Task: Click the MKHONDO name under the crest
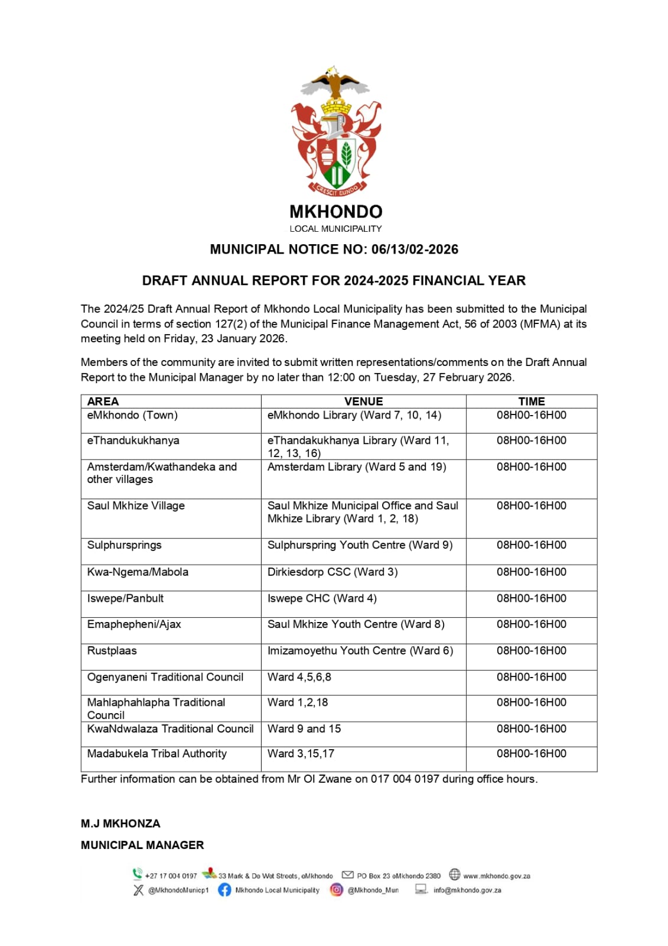[335, 212]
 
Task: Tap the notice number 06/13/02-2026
[415, 250]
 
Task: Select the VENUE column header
[363, 401]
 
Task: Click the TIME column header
[532, 401]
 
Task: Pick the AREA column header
[103, 401]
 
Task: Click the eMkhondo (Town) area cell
[132, 415]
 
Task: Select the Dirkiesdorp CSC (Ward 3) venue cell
[333, 572]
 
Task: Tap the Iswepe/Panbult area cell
[125, 598]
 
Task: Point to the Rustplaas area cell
[112, 651]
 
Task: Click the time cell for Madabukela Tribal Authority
[532, 754]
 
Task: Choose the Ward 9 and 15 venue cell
[304, 729]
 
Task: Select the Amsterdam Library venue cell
[357, 467]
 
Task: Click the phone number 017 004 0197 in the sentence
[405, 779]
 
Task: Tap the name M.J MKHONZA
[120, 824]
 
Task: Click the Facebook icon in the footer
[224, 890]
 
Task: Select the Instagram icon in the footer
[336, 890]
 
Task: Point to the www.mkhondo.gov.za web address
[497, 876]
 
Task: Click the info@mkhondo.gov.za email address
[467, 890]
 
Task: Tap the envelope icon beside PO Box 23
[348, 875]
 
